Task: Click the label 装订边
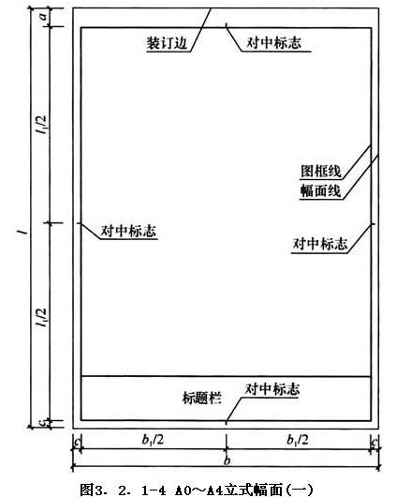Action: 167,43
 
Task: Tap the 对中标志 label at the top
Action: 274,43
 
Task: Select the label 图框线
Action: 321,172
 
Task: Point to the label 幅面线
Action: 321,191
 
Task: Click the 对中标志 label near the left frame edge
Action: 128,231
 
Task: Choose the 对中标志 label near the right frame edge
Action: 320,244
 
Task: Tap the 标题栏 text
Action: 201,398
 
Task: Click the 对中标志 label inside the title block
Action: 272,389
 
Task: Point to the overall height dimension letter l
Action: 22,233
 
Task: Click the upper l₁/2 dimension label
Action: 41,124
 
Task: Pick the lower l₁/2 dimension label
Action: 41,318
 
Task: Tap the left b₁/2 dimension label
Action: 153,440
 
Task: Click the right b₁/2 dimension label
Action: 298,440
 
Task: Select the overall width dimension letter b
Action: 227,460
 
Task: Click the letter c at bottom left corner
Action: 77,442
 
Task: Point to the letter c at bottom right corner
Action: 374,442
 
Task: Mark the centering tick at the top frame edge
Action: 226,25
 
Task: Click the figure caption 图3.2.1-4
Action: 123,490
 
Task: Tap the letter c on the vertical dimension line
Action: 45,423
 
